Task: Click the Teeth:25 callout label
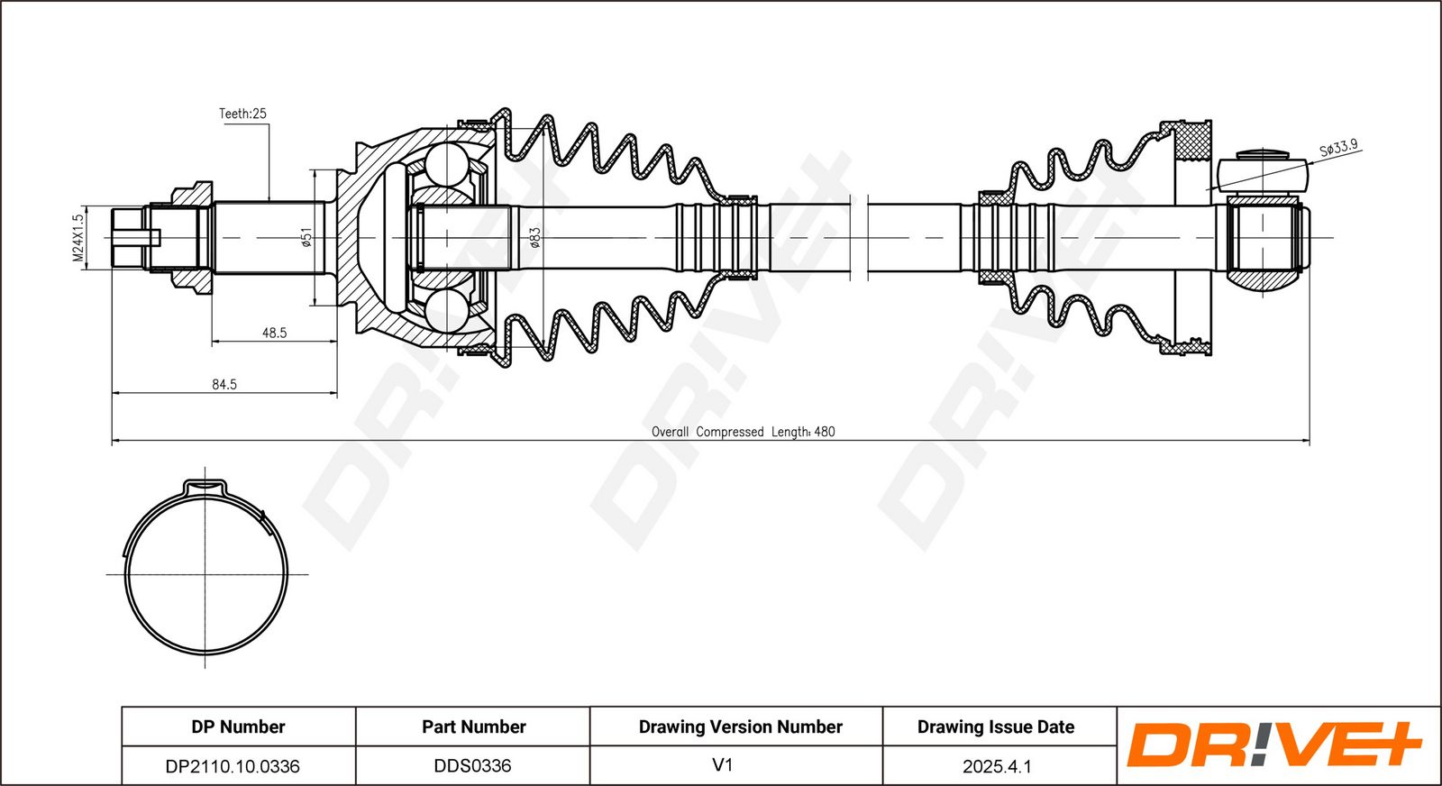click(x=242, y=114)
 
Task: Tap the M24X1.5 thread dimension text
click(x=78, y=238)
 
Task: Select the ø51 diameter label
click(x=306, y=238)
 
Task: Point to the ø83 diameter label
click(x=534, y=238)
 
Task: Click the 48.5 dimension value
click(x=274, y=333)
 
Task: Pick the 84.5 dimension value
click(x=224, y=384)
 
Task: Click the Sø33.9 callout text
click(x=1338, y=148)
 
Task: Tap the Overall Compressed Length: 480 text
click(x=743, y=432)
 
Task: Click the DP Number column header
click(x=238, y=727)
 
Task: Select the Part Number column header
click(x=473, y=727)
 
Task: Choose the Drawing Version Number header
click(x=740, y=727)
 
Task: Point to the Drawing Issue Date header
click(x=996, y=727)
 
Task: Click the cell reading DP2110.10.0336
click(x=233, y=766)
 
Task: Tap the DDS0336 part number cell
click(x=472, y=766)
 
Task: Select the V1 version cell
click(x=723, y=765)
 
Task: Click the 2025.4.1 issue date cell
click(x=997, y=766)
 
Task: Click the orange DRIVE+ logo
click(x=1273, y=745)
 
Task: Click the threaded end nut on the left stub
click(x=127, y=238)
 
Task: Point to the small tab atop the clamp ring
click(x=204, y=488)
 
